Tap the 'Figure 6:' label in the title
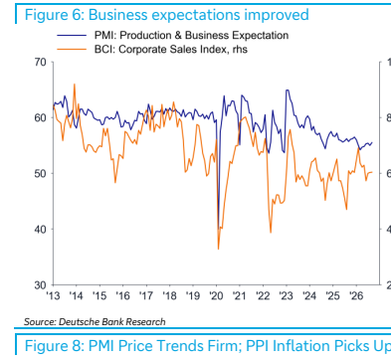pyautogui.click(x=54, y=15)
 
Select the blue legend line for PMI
pyautogui.click(x=72, y=35)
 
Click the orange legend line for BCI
pyautogui.click(x=72, y=49)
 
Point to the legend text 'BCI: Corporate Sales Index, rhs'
pyautogui.click(x=171, y=49)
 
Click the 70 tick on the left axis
pyautogui.click(x=40, y=62)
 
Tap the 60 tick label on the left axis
pyautogui.click(x=40, y=117)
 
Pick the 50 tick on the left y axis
pyautogui.click(x=40, y=173)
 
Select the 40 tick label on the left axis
pyautogui.click(x=40, y=229)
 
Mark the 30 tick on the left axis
pyautogui.click(x=40, y=285)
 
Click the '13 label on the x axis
pyautogui.click(x=53, y=295)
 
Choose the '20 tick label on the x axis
pyautogui.click(x=216, y=295)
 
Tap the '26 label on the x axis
pyautogui.click(x=356, y=295)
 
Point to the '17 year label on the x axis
pyautogui.click(x=146, y=295)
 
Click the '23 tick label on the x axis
pyautogui.click(x=287, y=295)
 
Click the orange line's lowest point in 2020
pyautogui.click(x=218, y=249)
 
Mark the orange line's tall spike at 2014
pyautogui.click(x=75, y=85)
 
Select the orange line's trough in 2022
pyautogui.click(x=271, y=232)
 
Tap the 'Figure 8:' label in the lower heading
pyautogui.click(x=55, y=346)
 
